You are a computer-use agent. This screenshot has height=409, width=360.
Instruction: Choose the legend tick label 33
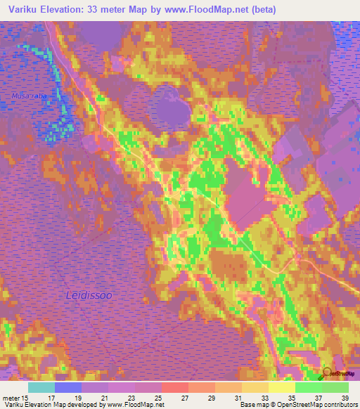[265, 398]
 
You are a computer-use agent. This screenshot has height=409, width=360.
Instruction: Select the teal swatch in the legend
[41, 387]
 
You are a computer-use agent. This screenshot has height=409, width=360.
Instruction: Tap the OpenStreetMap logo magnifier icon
[328, 373]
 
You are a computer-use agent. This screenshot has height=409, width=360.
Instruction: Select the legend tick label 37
[317, 398]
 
